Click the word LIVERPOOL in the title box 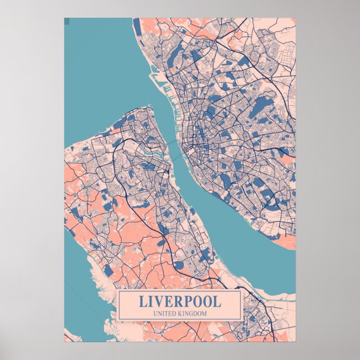(179, 301)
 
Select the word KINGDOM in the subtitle (192, 313)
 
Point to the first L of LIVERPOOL (143, 301)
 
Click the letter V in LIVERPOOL (161, 301)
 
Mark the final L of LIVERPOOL (217, 301)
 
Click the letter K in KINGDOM (181, 313)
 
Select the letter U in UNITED (154, 313)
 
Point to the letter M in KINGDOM (204, 313)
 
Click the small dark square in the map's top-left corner (67, 21)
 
